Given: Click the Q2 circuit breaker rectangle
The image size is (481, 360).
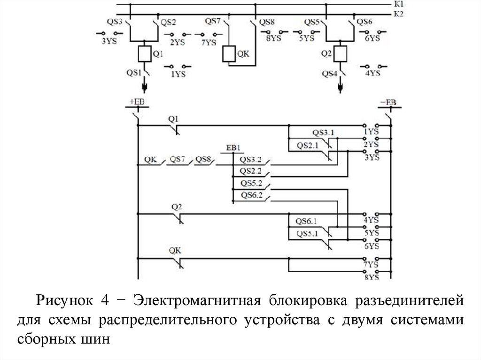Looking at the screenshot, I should point(340,54).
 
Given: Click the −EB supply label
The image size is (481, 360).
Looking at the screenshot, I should point(389,102).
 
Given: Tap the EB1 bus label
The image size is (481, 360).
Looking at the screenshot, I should point(233,148).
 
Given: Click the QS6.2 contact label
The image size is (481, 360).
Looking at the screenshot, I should point(251,195).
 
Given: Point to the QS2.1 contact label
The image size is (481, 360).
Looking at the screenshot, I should point(307,145).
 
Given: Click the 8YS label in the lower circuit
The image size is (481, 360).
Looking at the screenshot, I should point(371,278).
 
